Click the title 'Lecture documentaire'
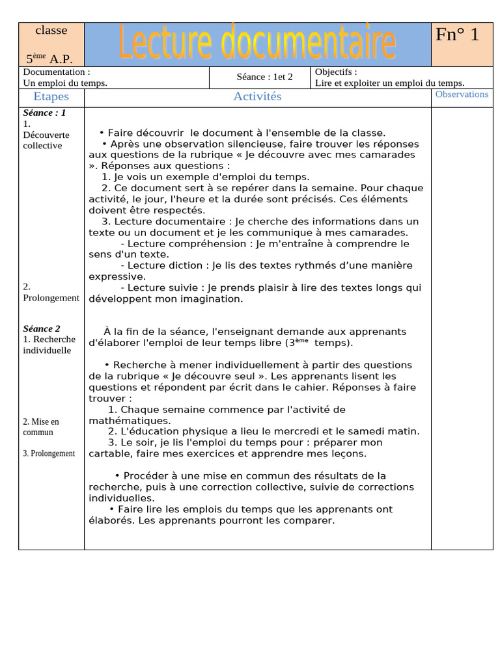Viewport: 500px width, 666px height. (257, 43)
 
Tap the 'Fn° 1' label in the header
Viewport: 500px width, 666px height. (457, 34)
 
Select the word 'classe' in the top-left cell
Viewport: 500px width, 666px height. (51, 30)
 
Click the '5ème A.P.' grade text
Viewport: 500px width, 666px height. (49, 59)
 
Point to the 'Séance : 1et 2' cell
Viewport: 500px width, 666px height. (264, 77)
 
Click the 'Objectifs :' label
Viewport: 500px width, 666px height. (336, 72)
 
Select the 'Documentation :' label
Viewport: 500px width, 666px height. (57, 72)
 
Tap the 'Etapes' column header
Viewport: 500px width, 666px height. (51, 97)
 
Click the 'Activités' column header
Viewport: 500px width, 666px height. (257, 97)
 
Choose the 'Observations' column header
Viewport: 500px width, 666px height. (462, 94)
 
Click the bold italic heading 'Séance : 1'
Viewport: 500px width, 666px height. (44, 113)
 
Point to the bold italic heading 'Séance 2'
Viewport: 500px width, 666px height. (42, 328)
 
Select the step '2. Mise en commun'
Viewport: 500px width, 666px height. (41, 427)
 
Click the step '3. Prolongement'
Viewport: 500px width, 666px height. (49, 453)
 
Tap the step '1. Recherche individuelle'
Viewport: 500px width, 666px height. (49, 345)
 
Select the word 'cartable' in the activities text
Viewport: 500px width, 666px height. (109, 454)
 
